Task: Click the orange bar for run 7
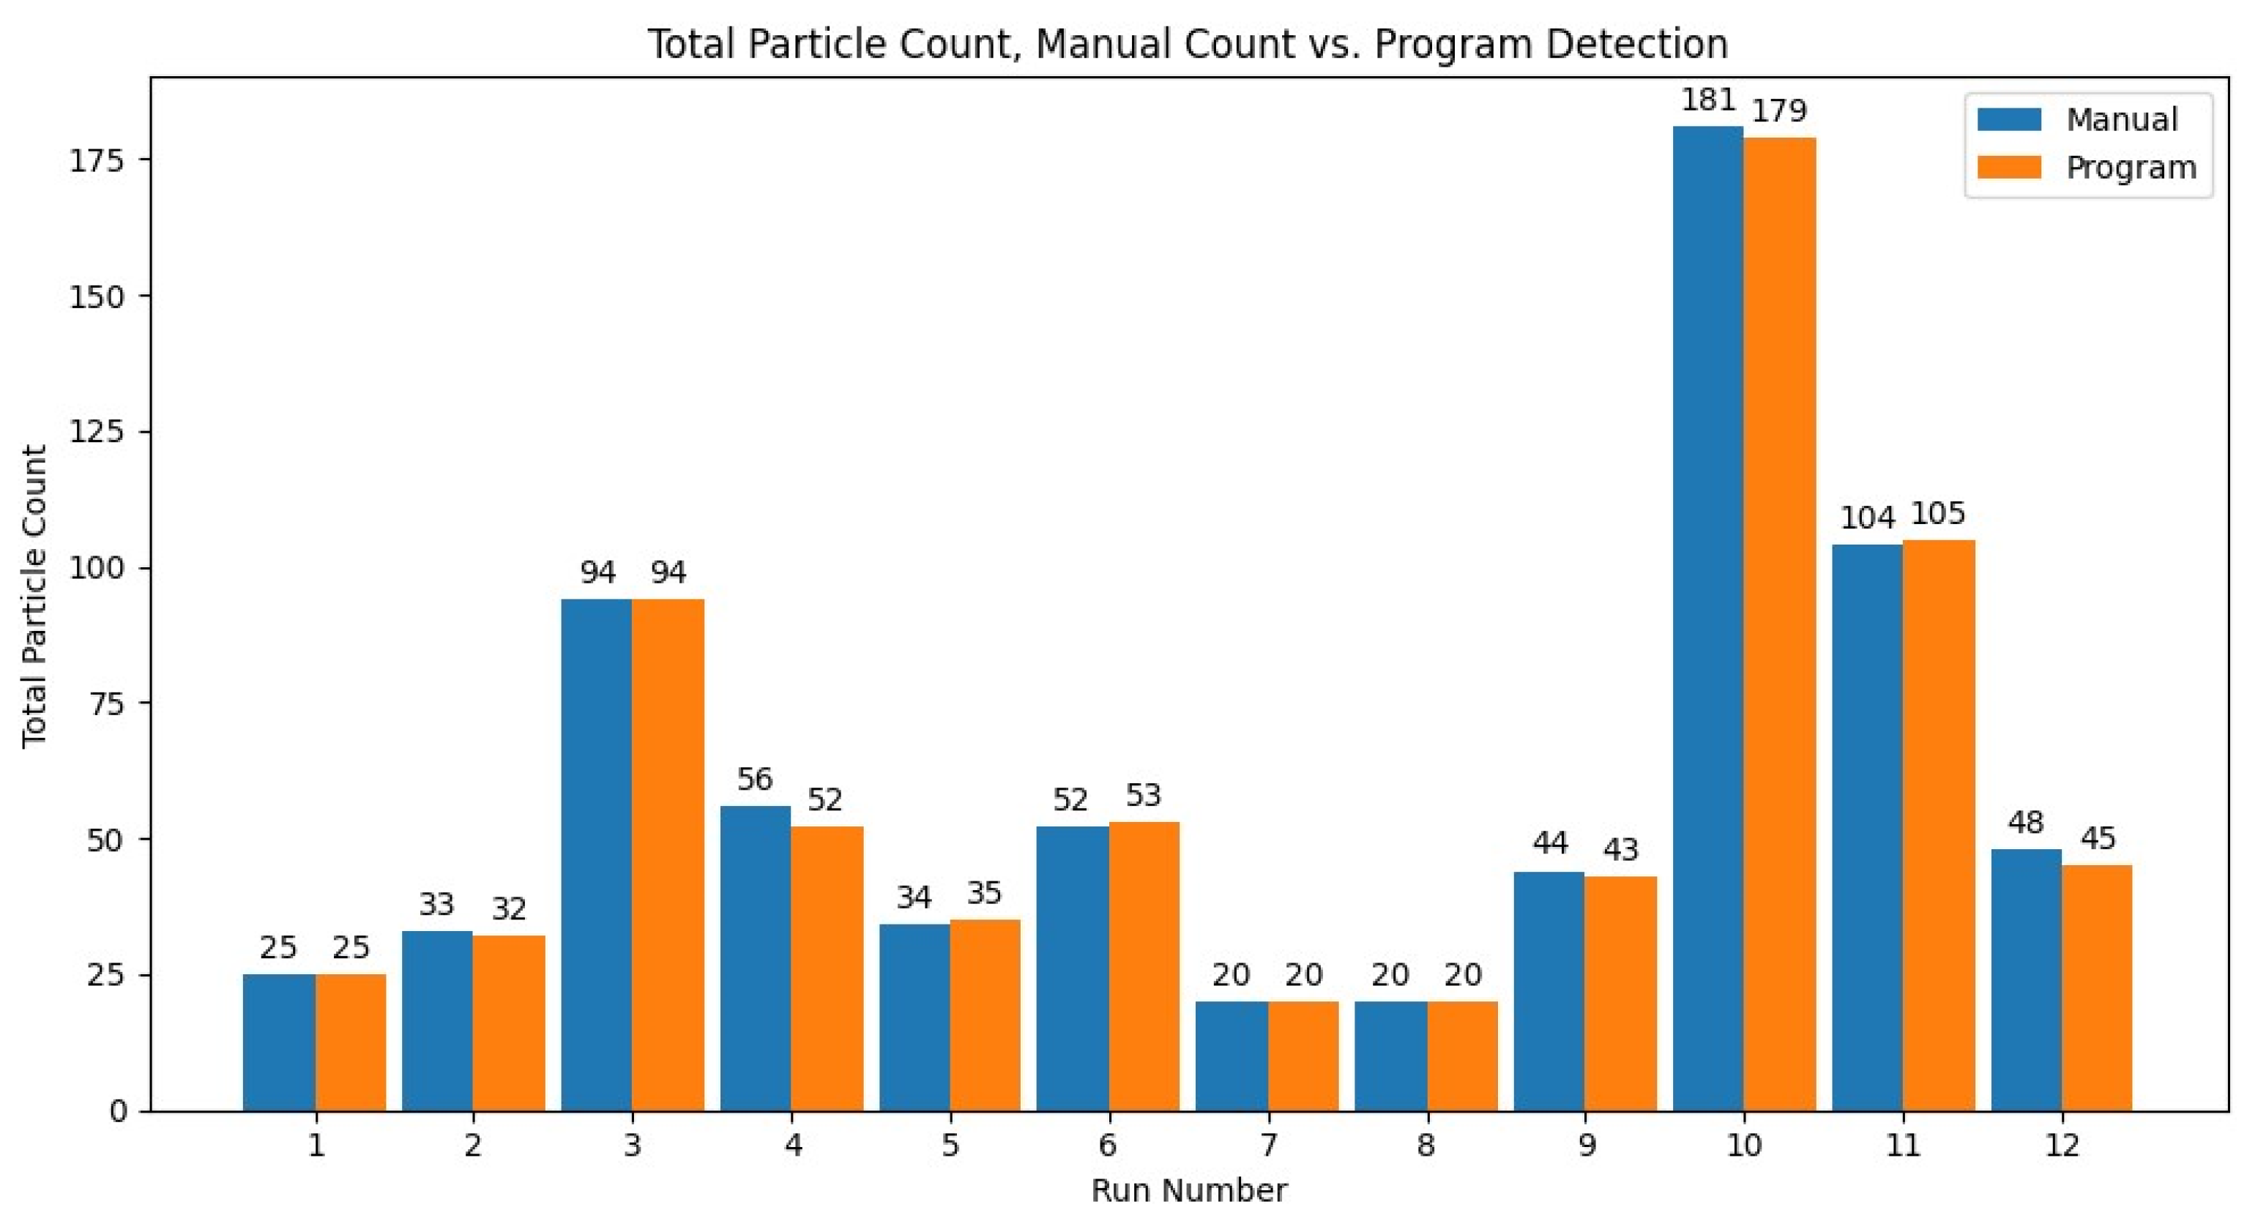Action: (1303, 1056)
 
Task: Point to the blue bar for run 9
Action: (1549, 991)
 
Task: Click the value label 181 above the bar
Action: (1707, 101)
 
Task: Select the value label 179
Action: (1779, 111)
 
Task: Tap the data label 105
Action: (1938, 513)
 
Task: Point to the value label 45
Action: (2098, 839)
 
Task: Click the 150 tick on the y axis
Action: (97, 296)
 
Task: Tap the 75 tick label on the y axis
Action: (106, 703)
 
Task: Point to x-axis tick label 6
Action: (1108, 1145)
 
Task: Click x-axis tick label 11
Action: (1903, 1145)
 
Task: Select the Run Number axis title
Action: (1188, 1190)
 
